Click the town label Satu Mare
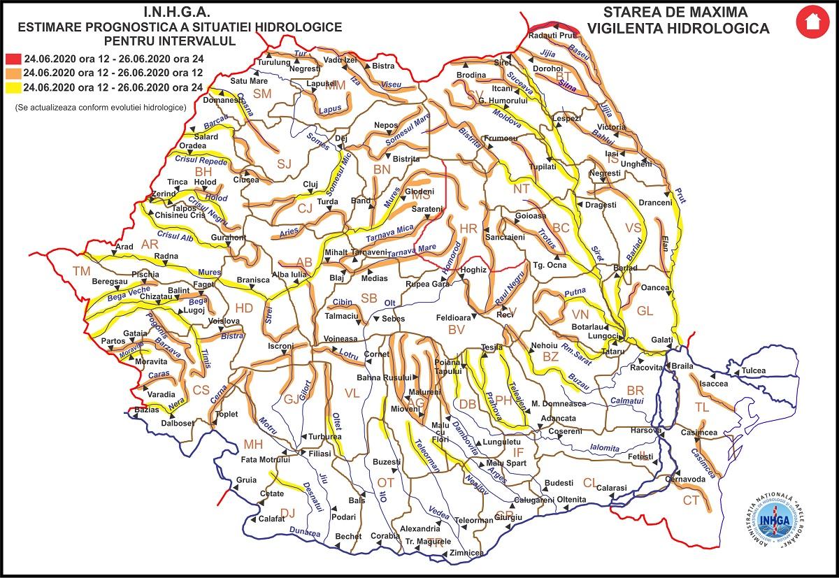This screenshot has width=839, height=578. pos(250,80)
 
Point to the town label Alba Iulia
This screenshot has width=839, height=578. pos(289,275)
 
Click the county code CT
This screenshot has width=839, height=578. pos(691,500)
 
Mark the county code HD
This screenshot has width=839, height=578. pos(244,308)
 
